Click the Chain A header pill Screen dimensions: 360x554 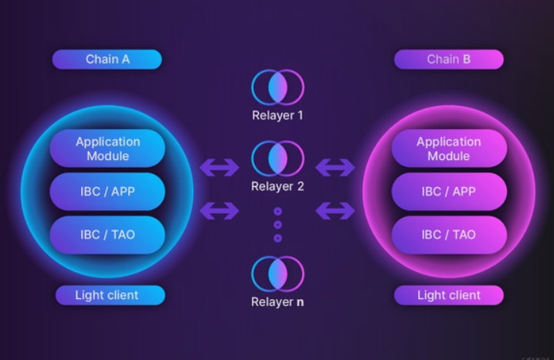coord(107,59)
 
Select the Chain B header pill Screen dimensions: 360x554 coord(448,59)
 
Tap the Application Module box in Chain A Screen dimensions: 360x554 coord(107,148)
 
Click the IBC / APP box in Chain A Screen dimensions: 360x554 coord(107,192)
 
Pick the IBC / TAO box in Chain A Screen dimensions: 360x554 coord(107,234)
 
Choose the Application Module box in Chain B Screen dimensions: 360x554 coord(448,148)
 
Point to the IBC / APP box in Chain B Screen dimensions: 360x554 coord(448,192)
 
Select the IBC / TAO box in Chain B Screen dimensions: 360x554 coord(448,234)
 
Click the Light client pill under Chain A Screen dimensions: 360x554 coord(107,295)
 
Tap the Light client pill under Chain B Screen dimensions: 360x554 coord(448,295)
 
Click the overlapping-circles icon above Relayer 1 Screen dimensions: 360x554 coord(277,87)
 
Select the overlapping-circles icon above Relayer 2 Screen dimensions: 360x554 coord(277,158)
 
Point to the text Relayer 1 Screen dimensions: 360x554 coord(277,116)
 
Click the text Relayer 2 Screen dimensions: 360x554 coord(277,186)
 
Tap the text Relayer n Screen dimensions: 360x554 coord(277,302)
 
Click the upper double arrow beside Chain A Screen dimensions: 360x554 coord(219,167)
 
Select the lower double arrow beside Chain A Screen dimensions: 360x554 coord(219,209)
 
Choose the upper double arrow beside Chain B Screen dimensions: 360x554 coord(335,167)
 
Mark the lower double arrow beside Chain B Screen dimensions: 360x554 coord(335,209)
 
